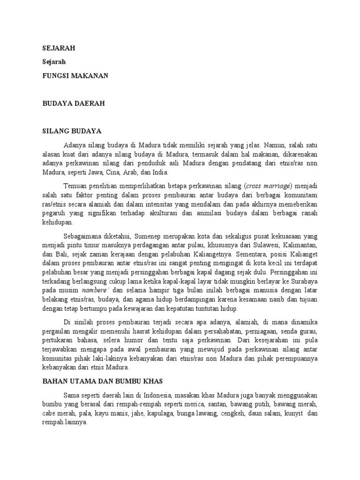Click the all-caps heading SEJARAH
coord(59,48)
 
